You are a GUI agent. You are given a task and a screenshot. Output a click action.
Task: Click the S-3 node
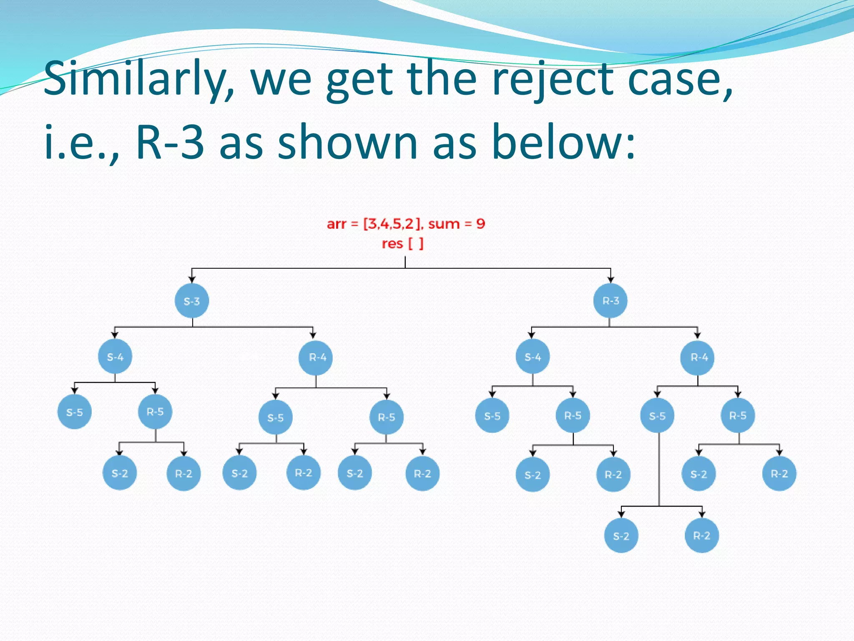click(192, 301)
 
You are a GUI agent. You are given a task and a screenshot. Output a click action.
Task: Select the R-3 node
click(610, 301)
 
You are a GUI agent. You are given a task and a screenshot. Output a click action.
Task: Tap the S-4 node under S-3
click(115, 357)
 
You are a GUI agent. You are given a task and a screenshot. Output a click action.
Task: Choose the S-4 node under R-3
click(532, 357)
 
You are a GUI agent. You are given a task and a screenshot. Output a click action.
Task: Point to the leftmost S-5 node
click(75, 412)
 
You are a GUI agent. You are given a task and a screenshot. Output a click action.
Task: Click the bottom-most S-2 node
click(621, 536)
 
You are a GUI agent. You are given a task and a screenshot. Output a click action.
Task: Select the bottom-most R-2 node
click(701, 535)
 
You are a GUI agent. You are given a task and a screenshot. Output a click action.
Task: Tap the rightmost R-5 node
click(738, 416)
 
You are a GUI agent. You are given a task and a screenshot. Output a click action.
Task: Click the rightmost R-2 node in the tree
click(779, 474)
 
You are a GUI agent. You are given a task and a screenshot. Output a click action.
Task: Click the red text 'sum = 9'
click(457, 224)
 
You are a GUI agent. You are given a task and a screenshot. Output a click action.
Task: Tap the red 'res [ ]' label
click(402, 243)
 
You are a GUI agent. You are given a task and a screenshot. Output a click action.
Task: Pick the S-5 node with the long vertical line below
click(657, 416)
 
